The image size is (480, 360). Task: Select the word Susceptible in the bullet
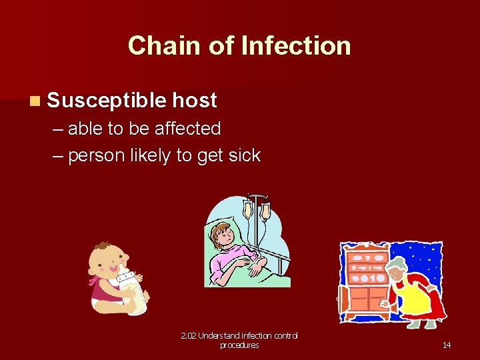(x=106, y=100)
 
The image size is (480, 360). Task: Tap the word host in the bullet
(x=195, y=100)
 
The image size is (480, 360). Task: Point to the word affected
(x=187, y=127)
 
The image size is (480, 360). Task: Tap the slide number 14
(x=447, y=345)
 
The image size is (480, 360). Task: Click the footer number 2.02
(x=190, y=335)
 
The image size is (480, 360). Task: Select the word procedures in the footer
(x=239, y=345)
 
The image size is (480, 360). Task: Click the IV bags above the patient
(x=256, y=209)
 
